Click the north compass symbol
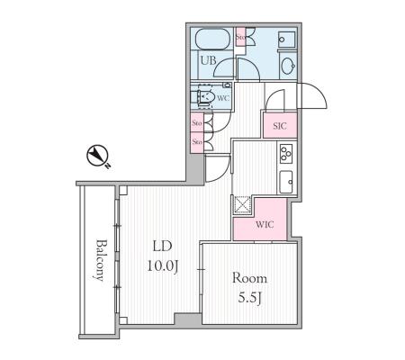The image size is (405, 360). coord(98,156)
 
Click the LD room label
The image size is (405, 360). coord(162,246)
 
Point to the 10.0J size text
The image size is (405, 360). coord(163,265)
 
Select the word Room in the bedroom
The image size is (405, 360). coord(249,278)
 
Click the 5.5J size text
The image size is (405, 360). coord(250,298)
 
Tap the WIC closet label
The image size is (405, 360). coord(265,224)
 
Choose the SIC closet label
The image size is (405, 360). coord(280,126)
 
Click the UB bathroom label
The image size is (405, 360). coord(208,61)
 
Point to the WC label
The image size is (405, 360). coord(222,98)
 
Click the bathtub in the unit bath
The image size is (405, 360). coord(212,39)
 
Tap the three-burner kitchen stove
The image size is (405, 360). coord(286,154)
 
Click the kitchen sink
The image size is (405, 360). coord(286,182)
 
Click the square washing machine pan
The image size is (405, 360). coord(287,39)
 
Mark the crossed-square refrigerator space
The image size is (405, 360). coord(242,204)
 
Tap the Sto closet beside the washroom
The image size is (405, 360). coord(240,37)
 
